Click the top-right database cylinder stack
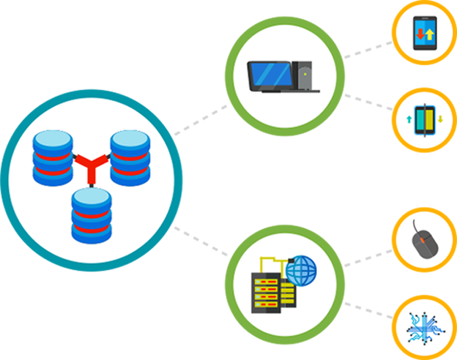click(130, 157)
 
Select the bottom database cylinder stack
click(91, 215)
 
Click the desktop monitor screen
click(270, 75)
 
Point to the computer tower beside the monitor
click(305, 76)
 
